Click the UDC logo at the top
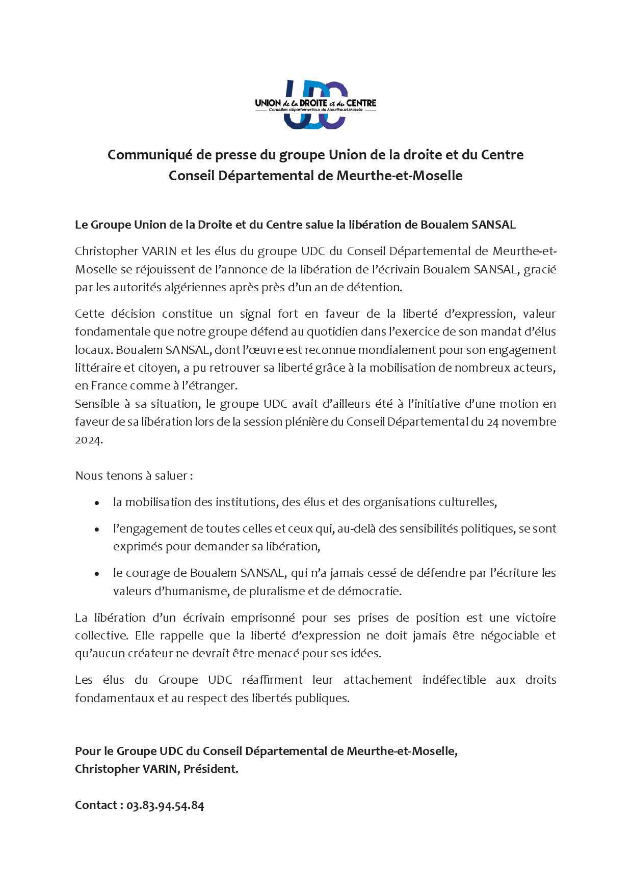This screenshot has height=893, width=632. tap(315, 104)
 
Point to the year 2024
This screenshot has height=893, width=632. tap(88, 440)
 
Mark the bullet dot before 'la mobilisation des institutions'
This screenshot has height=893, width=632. tap(97, 503)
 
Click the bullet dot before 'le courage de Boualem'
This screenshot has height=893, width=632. tap(97, 573)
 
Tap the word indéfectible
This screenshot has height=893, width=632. tap(454, 680)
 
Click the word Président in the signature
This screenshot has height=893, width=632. tap(210, 769)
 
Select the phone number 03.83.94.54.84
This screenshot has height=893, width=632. tap(165, 805)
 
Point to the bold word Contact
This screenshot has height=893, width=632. tap(96, 805)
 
